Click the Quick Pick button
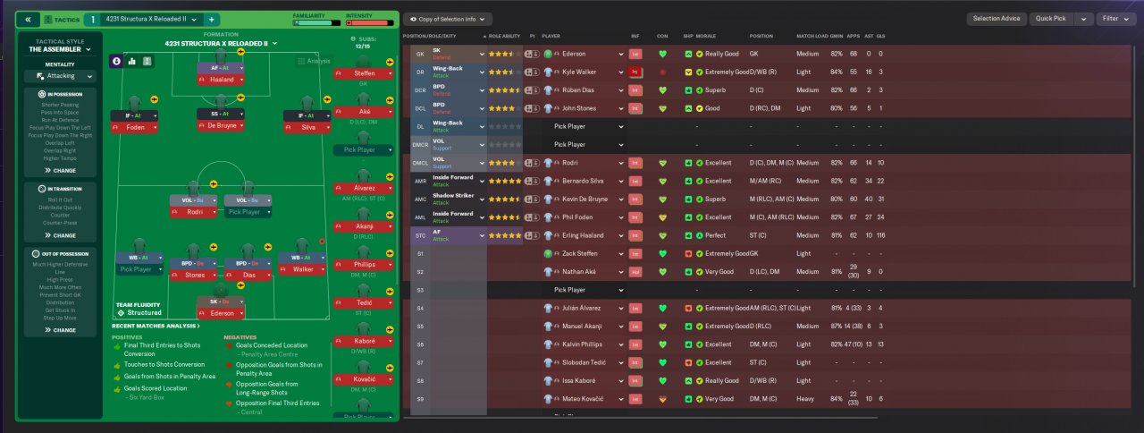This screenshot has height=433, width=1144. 1051,19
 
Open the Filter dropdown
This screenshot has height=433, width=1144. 1114,19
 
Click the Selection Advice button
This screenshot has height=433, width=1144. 997,19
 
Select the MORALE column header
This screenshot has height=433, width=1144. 706,37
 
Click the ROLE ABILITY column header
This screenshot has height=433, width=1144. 504,37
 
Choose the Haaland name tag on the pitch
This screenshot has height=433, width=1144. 221,81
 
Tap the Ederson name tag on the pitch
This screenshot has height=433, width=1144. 221,313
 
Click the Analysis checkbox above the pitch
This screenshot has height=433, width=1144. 301,62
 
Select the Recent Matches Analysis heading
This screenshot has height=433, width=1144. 155,326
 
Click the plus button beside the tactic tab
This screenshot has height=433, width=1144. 211,19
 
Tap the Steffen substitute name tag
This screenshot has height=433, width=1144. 364,73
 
